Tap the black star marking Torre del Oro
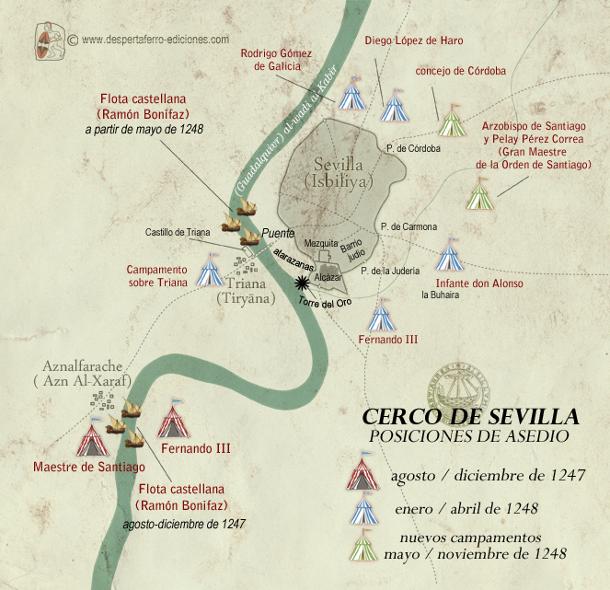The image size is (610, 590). tap(301, 284)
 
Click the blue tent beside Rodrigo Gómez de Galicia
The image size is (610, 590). tap(351, 96)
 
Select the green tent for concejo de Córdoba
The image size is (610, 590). tap(451, 121)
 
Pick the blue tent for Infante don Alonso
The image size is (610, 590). tap(449, 255)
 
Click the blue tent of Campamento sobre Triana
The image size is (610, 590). tap(211, 272)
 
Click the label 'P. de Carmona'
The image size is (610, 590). tap(408, 226)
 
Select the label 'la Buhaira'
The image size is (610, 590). tap(440, 295)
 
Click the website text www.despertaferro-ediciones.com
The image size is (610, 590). tap(154, 40)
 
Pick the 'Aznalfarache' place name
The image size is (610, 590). tap(84, 367)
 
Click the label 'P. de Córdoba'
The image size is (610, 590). tap(413, 148)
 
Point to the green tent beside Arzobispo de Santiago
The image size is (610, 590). tap(479, 195)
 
